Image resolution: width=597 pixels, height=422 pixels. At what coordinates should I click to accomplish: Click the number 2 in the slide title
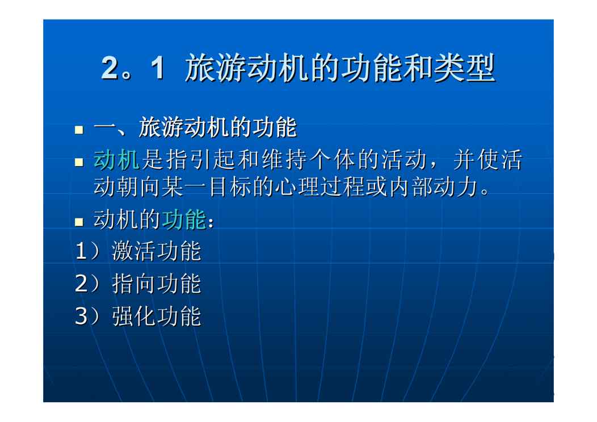pyautogui.click(x=110, y=67)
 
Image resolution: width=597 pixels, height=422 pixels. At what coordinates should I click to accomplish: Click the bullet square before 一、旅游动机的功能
pyautogui.click(x=79, y=130)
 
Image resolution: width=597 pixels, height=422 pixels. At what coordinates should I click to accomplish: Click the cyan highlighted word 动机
pyautogui.click(x=116, y=159)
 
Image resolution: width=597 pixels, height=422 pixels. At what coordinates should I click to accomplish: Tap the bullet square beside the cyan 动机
pyautogui.click(x=79, y=162)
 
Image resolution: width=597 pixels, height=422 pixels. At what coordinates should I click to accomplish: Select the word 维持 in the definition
pyautogui.click(x=284, y=159)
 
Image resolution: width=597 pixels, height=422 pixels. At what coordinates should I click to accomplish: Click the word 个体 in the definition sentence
pyautogui.click(x=331, y=159)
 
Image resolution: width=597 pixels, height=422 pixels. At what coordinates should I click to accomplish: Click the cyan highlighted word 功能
pyautogui.click(x=183, y=220)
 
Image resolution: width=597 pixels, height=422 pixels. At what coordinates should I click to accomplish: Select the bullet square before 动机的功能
pyautogui.click(x=79, y=222)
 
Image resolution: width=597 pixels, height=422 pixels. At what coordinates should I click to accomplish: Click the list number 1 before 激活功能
pyautogui.click(x=81, y=251)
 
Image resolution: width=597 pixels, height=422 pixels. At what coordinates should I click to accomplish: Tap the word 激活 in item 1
pyautogui.click(x=133, y=251)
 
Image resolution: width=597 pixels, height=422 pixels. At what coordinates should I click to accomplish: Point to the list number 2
pyautogui.click(x=82, y=284)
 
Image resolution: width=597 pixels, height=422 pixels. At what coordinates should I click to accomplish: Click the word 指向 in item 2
pyautogui.click(x=133, y=284)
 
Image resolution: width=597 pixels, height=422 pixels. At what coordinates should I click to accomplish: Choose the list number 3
pyautogui.click(x=82, y=316)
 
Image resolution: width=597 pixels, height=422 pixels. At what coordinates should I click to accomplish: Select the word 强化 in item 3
pyautogui.click(x=133, y=316)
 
